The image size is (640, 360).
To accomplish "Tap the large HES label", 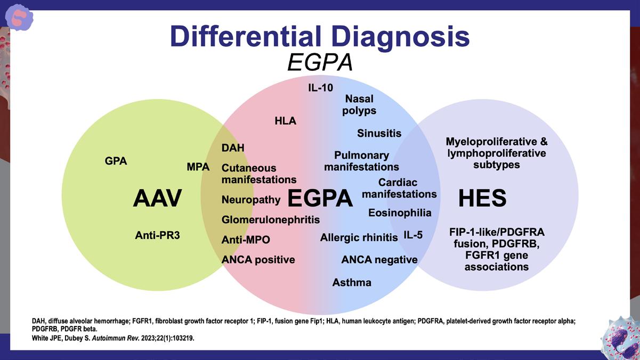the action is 482,199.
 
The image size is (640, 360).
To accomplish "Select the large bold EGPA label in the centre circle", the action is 320,199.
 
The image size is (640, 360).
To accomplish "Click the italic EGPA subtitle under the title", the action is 320,63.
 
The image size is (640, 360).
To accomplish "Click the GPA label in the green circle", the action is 116,161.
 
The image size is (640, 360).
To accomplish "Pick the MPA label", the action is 198,167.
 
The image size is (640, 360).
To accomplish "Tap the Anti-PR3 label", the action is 157,234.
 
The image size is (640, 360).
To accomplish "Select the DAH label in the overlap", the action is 233,148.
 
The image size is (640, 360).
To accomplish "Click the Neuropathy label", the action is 251,200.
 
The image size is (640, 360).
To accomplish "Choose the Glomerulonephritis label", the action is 271,219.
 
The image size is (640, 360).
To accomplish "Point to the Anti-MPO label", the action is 246,240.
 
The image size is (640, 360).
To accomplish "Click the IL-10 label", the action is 320,87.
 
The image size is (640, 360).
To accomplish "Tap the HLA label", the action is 285,121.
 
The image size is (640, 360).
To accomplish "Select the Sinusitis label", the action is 379,133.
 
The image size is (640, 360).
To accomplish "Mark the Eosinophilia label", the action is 400,212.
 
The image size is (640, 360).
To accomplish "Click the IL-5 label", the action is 413,235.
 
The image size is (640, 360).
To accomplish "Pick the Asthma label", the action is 352,282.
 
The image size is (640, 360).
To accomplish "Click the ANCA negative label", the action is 379,260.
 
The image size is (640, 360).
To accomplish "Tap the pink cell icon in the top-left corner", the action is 19,17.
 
